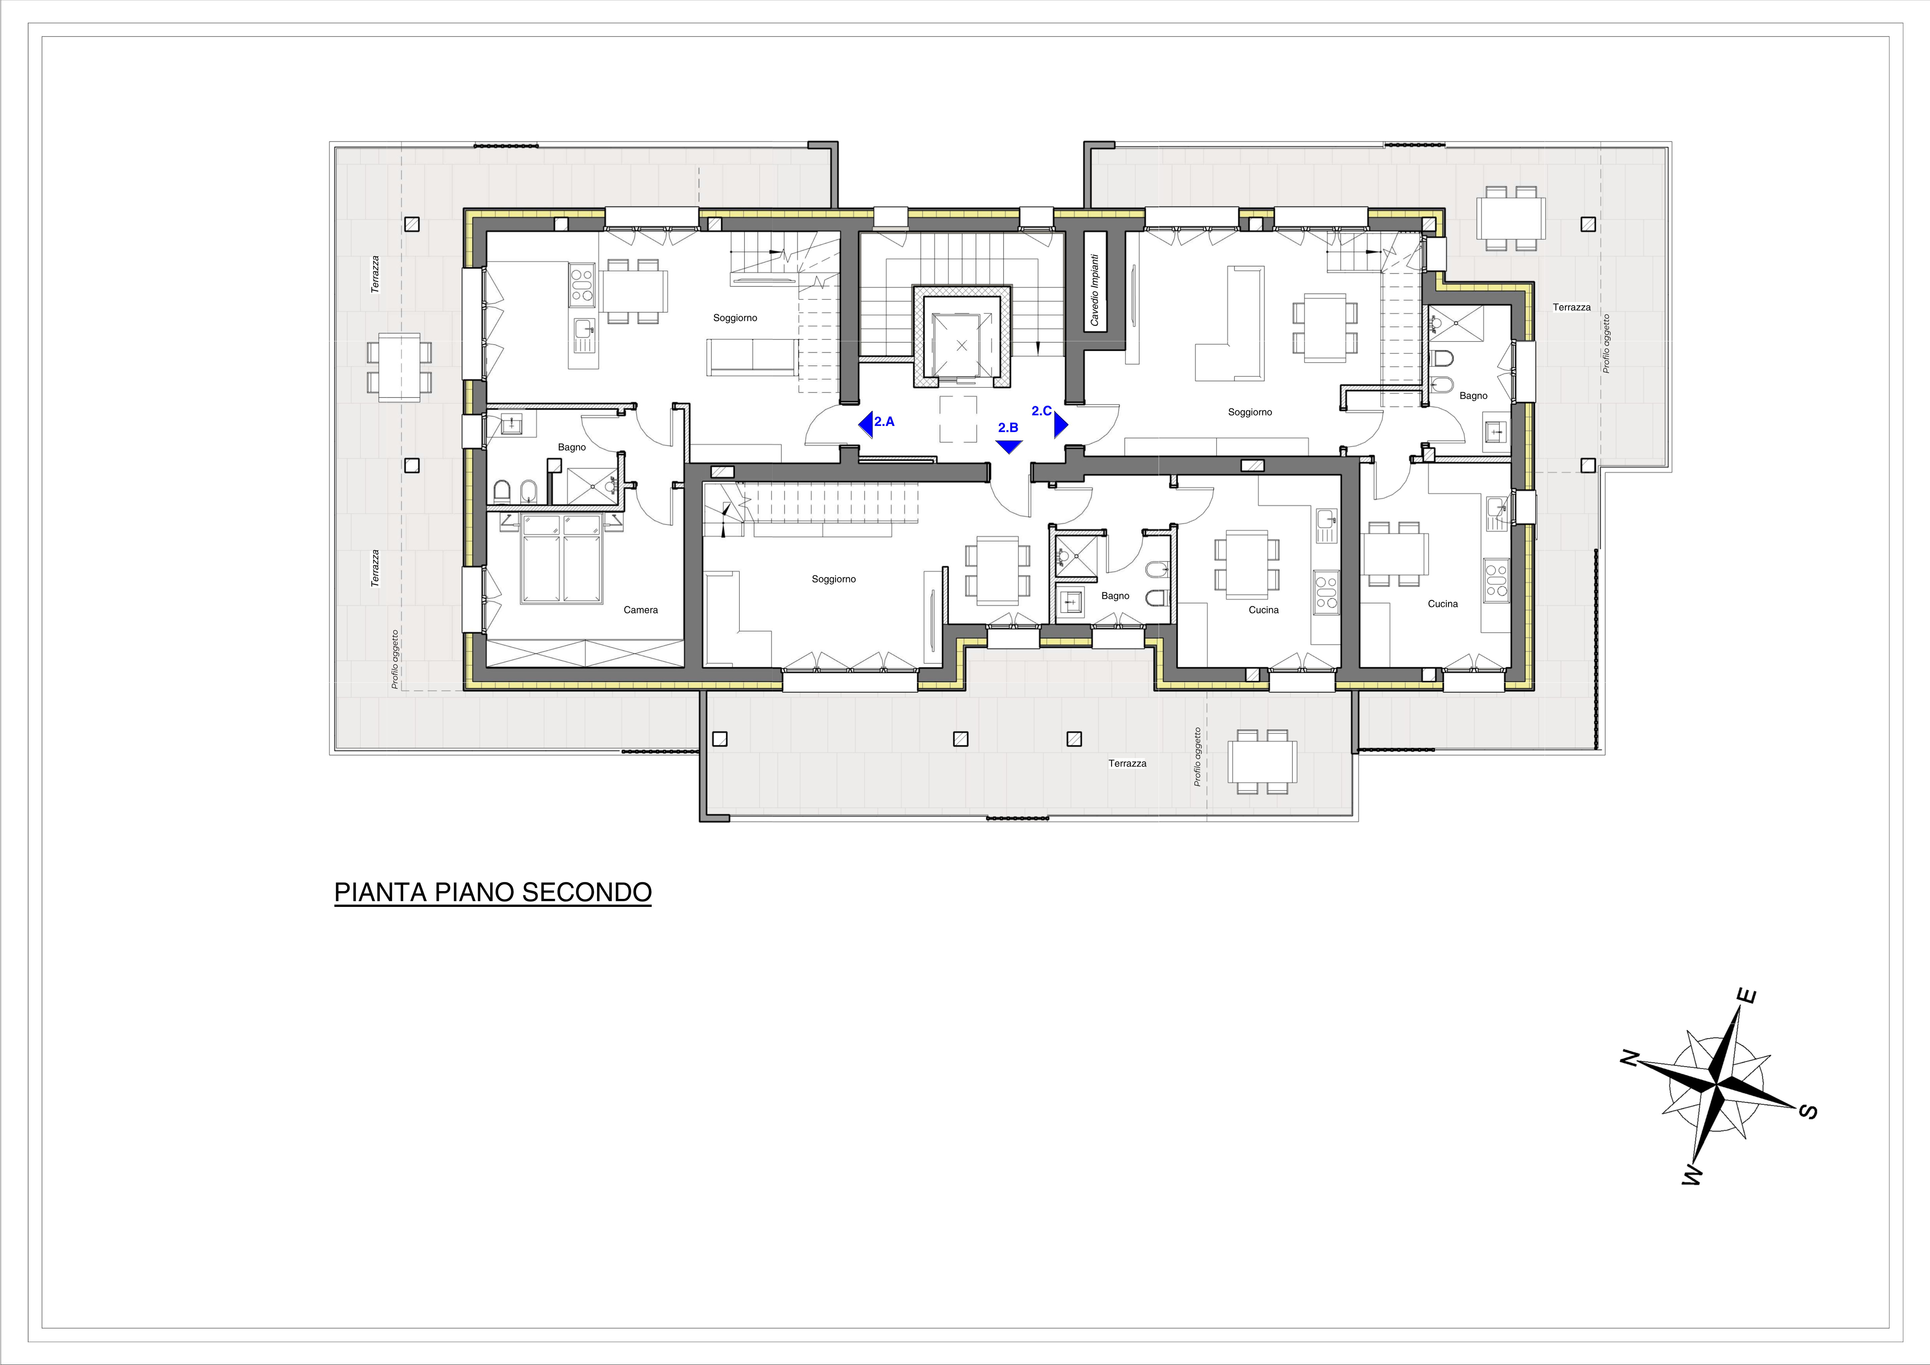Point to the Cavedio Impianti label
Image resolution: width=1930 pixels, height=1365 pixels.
coord(1094,290)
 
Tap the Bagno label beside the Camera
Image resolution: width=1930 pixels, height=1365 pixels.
coord(572,447)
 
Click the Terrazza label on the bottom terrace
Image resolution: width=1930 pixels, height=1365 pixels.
coord(1127,763)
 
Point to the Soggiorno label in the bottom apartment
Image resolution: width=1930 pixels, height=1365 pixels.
coord(834,579)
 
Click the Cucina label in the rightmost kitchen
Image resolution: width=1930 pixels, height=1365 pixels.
coord(1442,604)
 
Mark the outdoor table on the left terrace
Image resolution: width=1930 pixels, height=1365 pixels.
coord(399,367)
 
